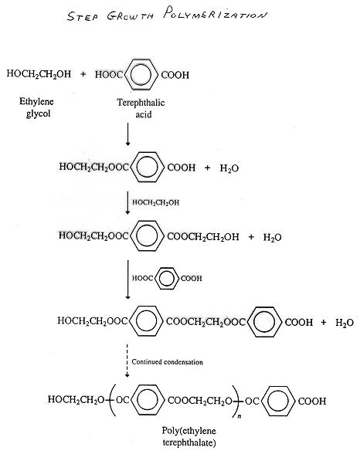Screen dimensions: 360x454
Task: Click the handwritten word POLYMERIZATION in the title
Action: pos(215,13)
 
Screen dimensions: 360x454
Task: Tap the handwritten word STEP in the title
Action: pos(82,16)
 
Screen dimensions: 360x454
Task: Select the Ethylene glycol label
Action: pos(37,107)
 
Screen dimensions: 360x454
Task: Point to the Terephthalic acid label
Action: pos(141,108)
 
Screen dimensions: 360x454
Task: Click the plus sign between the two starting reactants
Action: pos(83,74)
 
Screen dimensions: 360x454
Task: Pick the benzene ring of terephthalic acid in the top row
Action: pos(141,75)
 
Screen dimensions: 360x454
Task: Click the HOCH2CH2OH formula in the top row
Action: pos(39,74)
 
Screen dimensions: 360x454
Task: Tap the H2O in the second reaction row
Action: pos(229,168)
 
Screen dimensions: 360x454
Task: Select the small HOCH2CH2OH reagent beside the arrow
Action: pos(155,202)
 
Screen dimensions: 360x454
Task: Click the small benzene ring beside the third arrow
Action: pos(167,279)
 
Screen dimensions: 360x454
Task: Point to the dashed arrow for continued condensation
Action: pos(127,361)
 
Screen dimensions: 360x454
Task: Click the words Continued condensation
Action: pos(167,362)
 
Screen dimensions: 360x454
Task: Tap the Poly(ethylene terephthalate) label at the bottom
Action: pos(188,436)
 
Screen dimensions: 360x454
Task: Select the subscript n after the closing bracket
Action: pos(239,416)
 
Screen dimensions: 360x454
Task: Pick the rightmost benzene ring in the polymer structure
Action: pos(278,401)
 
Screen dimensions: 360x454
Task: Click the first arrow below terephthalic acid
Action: pos(127,134)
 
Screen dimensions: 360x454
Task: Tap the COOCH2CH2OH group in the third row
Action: pos(203,237)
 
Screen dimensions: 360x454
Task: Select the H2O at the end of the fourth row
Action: pos(345,322)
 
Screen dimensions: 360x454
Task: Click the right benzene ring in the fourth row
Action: pos(265,322)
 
